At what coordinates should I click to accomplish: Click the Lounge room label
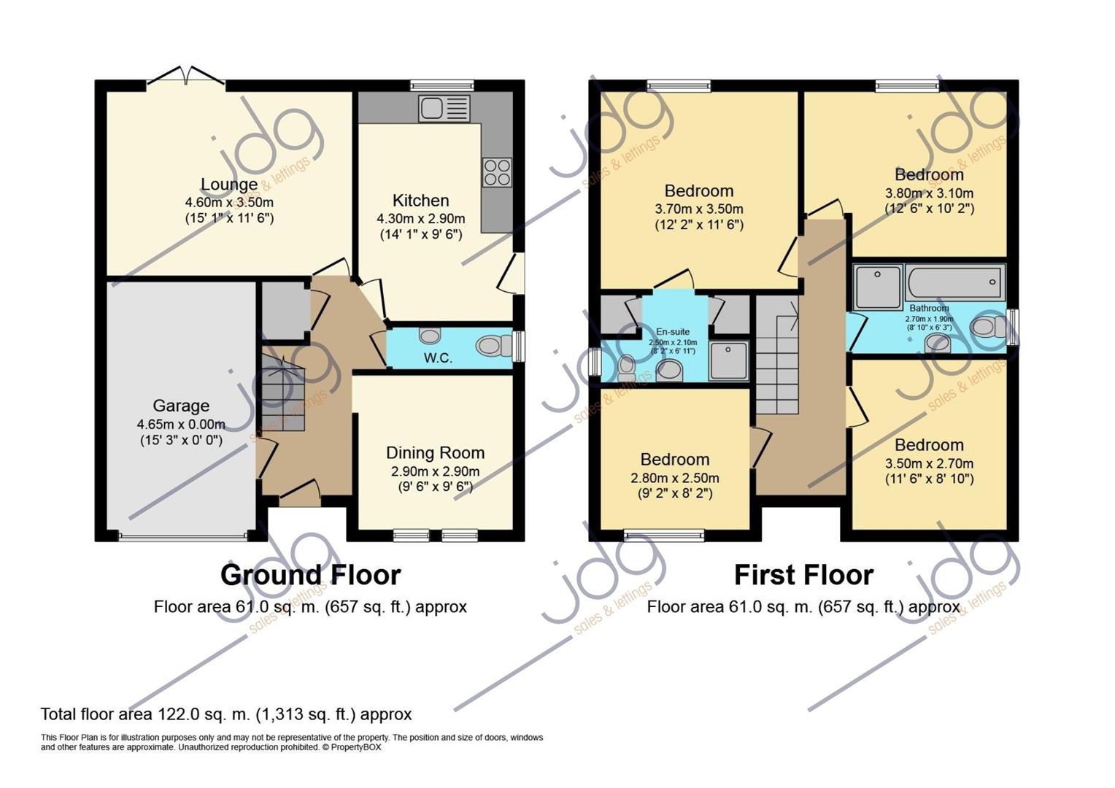(x=229, y=185)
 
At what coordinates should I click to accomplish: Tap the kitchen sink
(x=444, y=109)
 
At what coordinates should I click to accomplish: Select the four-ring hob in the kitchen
(x=497, y=172)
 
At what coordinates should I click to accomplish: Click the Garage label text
(x=181, y=406)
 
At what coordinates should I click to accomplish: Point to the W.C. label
(x=439, y=358)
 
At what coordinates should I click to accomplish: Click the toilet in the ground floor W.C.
(x=493, y=346)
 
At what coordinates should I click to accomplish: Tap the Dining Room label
(x=435, y=453)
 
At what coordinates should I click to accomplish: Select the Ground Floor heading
(x=310, y=575)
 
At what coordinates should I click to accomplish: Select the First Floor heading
(x=803, y=575)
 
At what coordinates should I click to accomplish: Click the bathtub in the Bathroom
(x=954, y=282)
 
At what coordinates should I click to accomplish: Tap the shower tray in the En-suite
(x=728, y=361)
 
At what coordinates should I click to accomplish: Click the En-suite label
(x=672, y=332)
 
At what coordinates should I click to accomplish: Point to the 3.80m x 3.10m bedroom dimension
(x=929, y=193)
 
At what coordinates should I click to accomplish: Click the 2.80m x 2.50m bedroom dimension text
(x=674, y=479)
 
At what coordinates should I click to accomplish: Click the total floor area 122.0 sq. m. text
(x=226, y=714)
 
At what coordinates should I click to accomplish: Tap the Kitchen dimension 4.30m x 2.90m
(x=420, y=219)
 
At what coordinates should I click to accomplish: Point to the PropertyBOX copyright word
(x=356, y=747)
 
